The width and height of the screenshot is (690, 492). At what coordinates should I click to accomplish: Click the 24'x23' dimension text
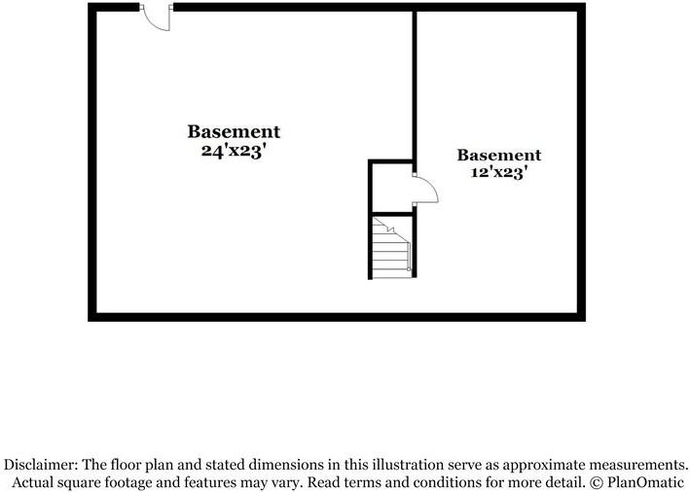pyautogui.click(x=235, y=151)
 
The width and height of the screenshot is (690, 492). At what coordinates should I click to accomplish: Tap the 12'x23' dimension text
pyautogui.click(x=499, y=172)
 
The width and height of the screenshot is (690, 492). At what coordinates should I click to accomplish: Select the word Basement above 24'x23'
pyautogui.click(x=234, y=131)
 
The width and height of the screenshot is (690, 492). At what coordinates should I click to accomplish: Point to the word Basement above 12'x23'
pyautogui.click(x=499, y=155)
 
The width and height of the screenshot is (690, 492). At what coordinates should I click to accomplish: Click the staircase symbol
pyautogui.click(x=391, y=247)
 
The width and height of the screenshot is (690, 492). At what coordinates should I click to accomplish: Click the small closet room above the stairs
pyautogui.click(x=392, y=189)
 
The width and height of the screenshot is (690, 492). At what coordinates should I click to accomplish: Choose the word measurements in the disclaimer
pyautogui.click(x=638, y=465)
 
